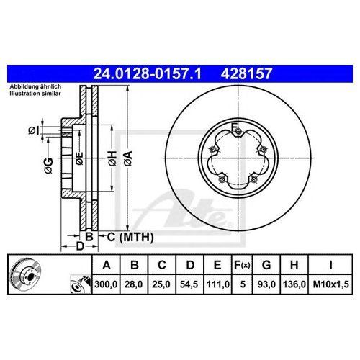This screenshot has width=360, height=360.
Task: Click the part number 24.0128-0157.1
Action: (x=147, y=73)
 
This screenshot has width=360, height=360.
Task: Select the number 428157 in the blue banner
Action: (x=246, y=73)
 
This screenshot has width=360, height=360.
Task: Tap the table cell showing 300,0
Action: (x=106, y=284)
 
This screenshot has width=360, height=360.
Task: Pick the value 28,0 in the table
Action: (x=134, y=284)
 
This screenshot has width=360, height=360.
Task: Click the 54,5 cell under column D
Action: (x=189, y=284)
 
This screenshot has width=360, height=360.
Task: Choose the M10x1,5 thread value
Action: (x=330, y=284)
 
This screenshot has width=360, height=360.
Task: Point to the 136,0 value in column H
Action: (x=294, y=284)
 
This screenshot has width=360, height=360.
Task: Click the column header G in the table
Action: (x=266, y=265)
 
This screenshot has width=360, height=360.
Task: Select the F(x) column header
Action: (x=242, y=265)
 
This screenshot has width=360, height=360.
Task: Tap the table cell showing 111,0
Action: (x=218, y=284)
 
